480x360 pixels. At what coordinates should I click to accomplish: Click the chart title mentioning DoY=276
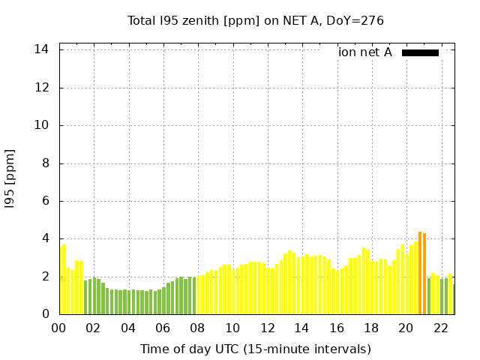coord(255,20)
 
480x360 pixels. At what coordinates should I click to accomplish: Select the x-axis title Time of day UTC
coord(255,349)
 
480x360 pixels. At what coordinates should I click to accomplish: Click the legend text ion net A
coord(364,52)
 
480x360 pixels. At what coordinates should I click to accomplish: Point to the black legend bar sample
coord(420,52)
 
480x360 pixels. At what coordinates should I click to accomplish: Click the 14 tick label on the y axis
coord(43,49)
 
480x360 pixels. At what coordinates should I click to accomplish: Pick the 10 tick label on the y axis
coord(43,125)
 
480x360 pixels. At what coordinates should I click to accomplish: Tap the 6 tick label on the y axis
coord(46,201)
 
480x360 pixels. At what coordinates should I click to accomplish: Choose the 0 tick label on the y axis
coord(46,314)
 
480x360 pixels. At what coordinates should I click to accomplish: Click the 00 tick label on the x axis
coord(58,328)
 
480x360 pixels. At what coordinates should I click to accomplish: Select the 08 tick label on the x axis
coord(197,328)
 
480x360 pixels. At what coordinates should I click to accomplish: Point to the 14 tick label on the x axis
coord(301,328)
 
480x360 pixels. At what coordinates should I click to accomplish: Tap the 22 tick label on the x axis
coord(440,328)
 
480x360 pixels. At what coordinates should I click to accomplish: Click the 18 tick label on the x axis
coord(370,328)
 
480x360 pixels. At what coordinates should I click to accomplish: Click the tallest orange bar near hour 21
coord(420,274)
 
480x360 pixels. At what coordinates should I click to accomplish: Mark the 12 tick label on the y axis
coord(43,88)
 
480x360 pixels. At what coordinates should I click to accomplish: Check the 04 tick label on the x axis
coord(128,328)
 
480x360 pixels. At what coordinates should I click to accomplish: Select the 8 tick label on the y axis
coord(46,163)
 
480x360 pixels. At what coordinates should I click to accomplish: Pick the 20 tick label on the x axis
coord(406,328)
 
